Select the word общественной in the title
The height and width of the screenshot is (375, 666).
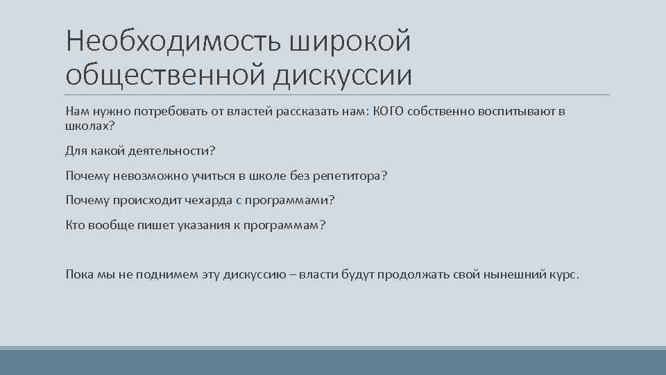click(x=163, y=74)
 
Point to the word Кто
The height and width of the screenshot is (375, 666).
click(x=75, y=225)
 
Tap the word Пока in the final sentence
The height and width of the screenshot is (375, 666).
click(x=79, y=274)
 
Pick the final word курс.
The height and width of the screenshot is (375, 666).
click(x=565, y=274)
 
